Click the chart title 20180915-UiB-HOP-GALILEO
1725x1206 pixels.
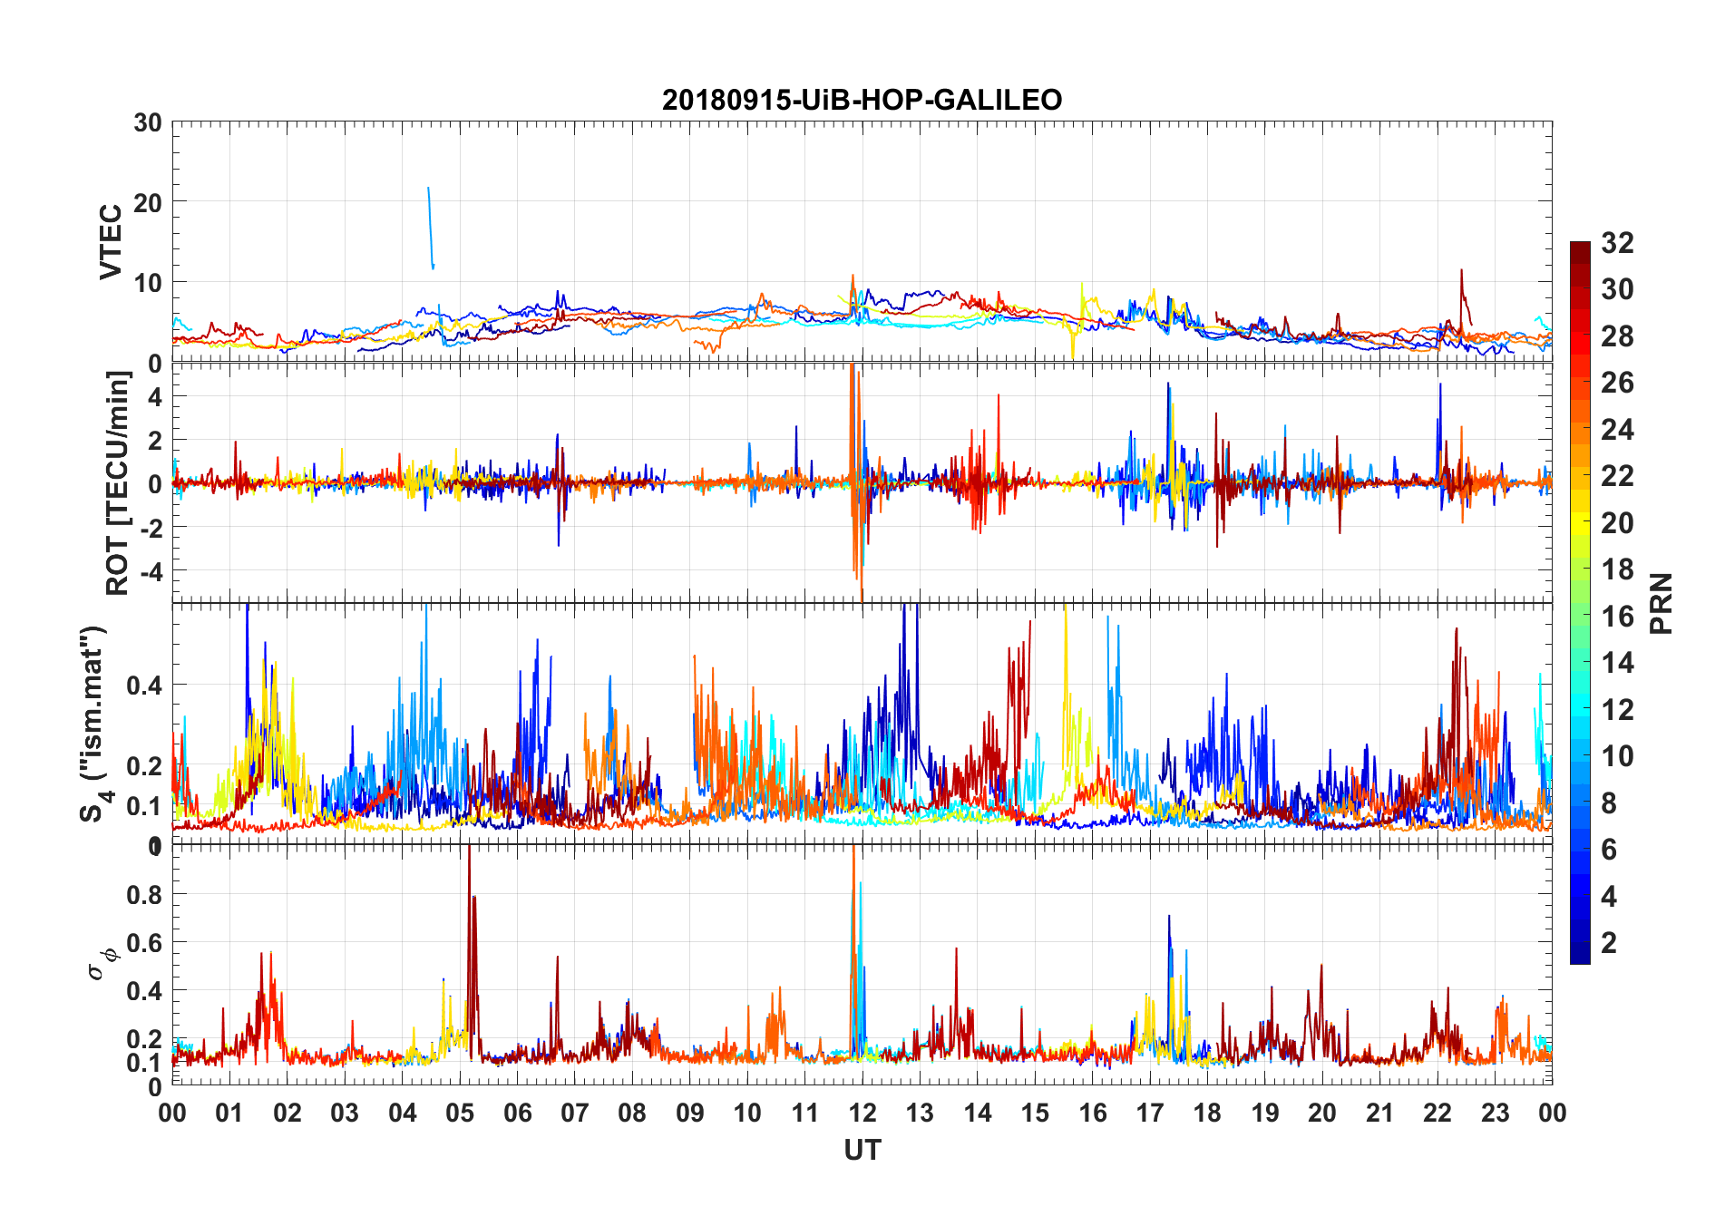862,100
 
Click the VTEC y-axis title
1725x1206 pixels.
111,242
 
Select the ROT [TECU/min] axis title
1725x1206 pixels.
118,482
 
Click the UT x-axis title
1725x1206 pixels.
862,1150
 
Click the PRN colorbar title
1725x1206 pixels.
1661,603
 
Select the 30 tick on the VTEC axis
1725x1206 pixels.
148,123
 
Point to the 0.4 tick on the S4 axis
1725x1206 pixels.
144,686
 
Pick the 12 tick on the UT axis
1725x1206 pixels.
862,1113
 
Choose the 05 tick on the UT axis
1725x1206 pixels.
460,1113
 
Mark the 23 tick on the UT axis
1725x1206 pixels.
1495,1113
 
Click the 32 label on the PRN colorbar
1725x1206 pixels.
1617,243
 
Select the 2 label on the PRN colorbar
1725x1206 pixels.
1609,943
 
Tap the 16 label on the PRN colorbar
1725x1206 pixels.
1617,617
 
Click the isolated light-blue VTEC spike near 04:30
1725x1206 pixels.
431,227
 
